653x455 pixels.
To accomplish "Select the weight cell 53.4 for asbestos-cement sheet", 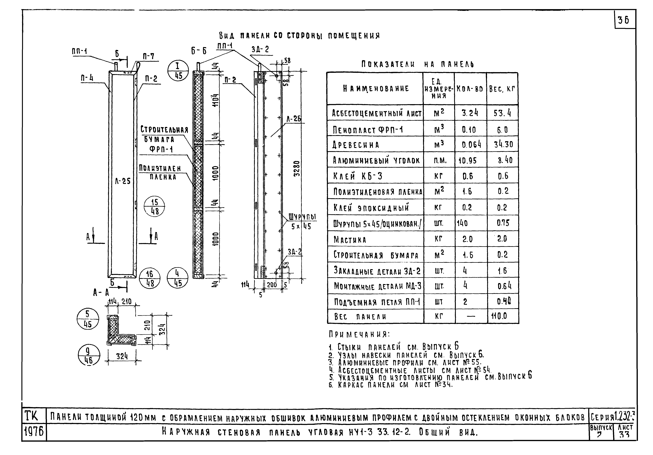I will coord(502,113).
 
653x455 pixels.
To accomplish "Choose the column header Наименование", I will coord(376,89).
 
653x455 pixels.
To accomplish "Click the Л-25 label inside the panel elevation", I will coord(123,181).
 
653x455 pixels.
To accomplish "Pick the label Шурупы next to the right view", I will coord(302,217).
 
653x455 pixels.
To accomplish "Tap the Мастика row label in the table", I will coord(350,240).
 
